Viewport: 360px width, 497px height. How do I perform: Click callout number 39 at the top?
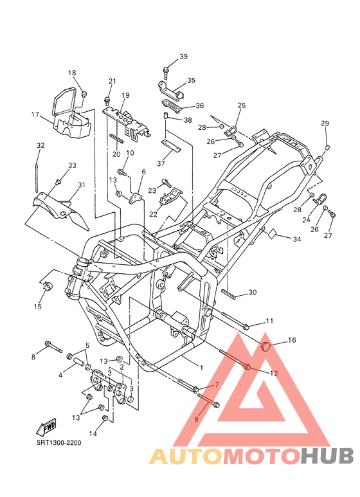tap(183, 57)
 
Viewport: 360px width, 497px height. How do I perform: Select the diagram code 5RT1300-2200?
tap(59, 442)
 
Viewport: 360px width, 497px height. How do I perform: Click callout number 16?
tap(292, 340)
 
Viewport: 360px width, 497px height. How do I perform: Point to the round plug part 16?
tap(265, 346)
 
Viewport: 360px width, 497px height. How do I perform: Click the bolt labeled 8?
tap(54, 347)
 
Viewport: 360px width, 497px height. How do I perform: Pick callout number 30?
tap(252, 293)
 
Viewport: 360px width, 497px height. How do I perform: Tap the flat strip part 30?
tap(228, 293)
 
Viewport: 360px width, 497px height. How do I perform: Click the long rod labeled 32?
tap(37, 178)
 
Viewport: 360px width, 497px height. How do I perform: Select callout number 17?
tap(35, 114)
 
